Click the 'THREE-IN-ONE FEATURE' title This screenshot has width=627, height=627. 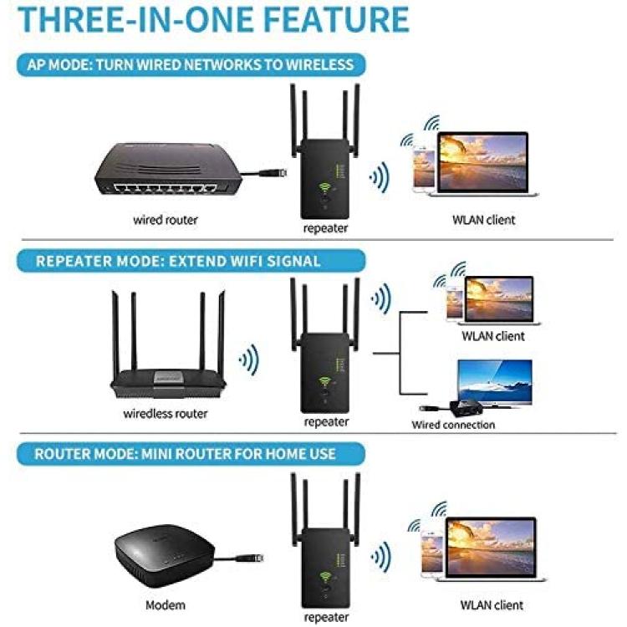[213, 19]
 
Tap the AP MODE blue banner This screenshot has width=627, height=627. [191, 64]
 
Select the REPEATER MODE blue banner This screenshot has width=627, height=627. [191, 261]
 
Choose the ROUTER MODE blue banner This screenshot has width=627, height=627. [191, 454]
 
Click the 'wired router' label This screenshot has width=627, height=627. [166, 220]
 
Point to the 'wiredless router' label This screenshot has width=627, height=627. [166, 414]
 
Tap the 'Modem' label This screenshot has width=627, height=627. [166, 605]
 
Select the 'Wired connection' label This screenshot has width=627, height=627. [453, 425]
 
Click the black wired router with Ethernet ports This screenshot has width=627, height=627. [168, 169]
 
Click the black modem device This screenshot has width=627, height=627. [165, 556]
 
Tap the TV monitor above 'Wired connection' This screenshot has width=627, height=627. [495, 383]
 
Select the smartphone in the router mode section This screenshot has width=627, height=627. [432, 555]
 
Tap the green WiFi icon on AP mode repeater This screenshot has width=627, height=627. [324, 187]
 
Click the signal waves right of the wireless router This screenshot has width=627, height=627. [249, 359]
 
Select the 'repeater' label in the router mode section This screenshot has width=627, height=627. [326, 617]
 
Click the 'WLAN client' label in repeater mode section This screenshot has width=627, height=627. [493, 336]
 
